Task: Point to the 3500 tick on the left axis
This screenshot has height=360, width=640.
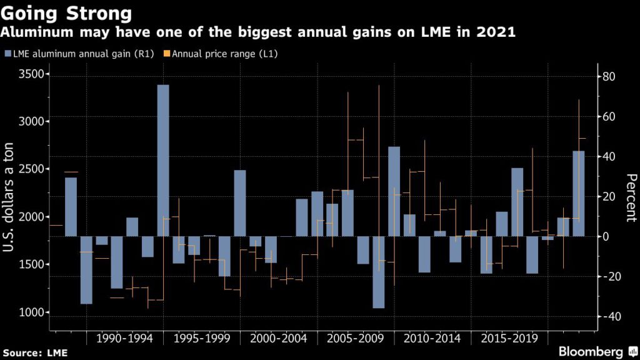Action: tap(27, 74)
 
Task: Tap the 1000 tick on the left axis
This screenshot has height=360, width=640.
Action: tap(27, 312)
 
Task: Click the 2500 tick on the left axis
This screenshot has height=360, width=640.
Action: tap(27, 169)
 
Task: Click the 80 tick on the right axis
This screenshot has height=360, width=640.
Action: tap(609, 77)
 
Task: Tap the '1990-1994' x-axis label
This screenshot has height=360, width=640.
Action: tap(124, 339)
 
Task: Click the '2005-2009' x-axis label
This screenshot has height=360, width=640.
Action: tap(354, 339)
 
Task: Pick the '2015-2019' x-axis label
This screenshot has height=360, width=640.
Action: tap(509, 339)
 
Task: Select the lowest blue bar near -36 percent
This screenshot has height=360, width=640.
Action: tap(378, 272)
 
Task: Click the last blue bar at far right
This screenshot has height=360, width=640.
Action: tap(579, 194)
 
